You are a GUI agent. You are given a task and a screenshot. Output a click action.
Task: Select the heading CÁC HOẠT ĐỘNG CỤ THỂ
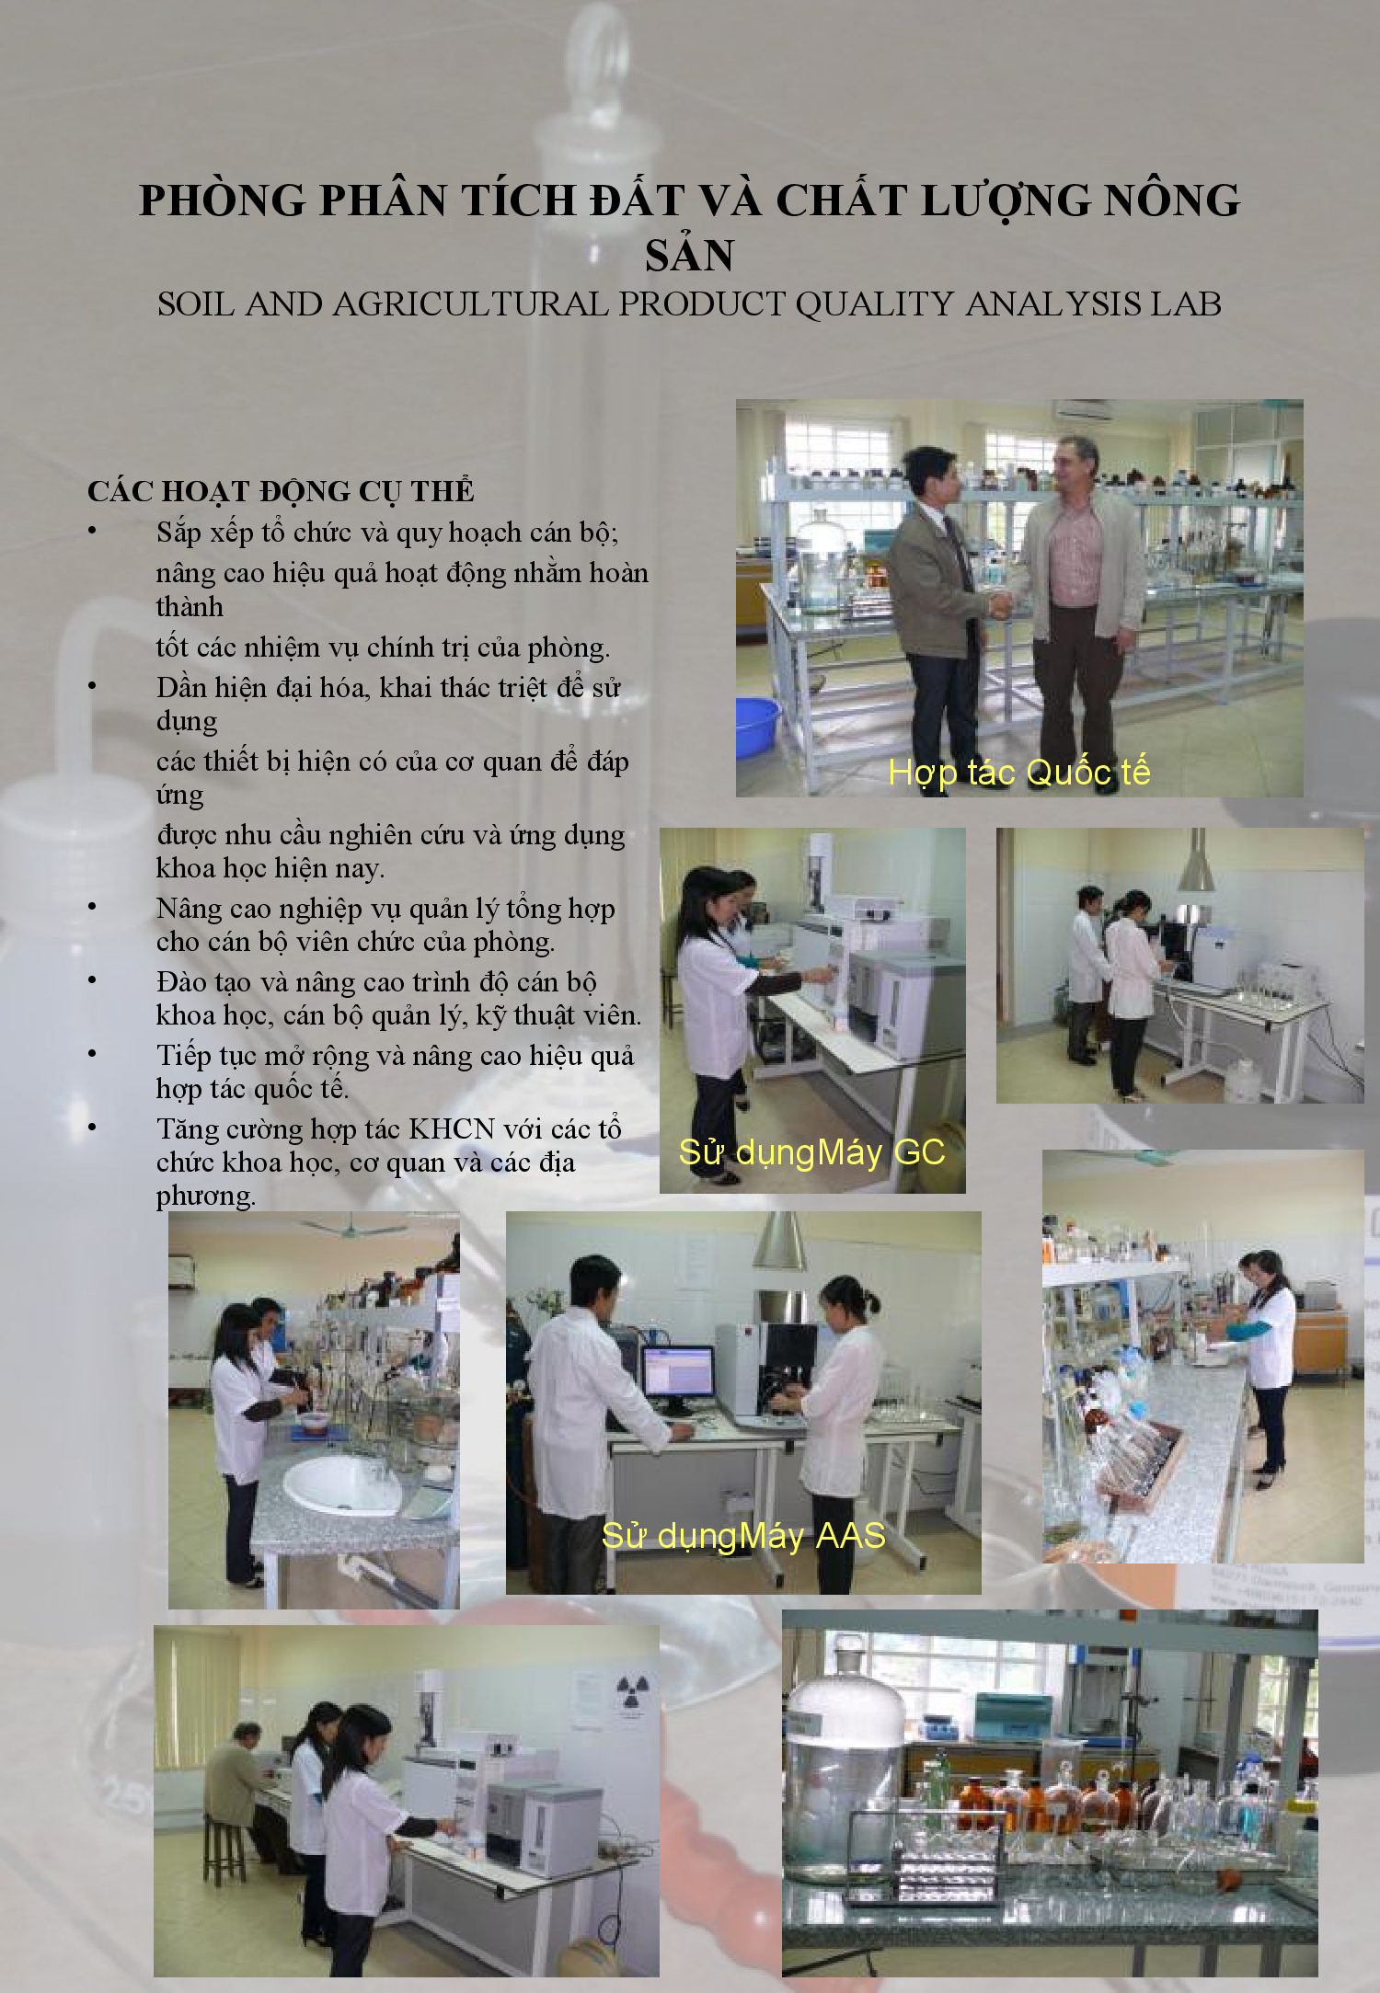281,491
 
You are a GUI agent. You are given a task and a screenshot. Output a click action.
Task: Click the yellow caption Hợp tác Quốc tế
1019,773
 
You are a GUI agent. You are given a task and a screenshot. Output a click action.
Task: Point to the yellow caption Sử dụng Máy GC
811,1152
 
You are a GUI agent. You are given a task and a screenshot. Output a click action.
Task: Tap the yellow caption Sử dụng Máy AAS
743,1535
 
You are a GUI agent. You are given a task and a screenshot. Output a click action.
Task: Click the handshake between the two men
1000,605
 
